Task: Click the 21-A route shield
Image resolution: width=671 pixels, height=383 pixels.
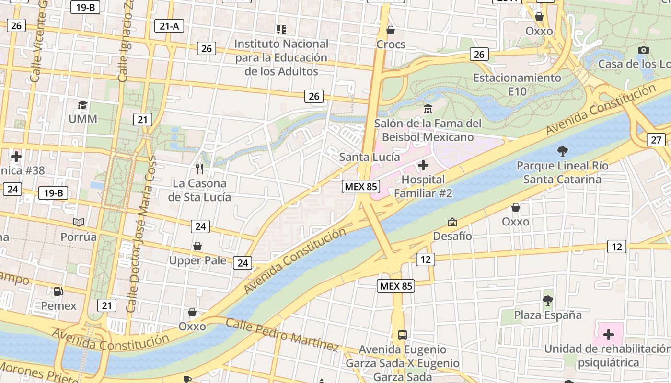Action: click(169, 26)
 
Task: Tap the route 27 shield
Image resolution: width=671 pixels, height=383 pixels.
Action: click(656, 140)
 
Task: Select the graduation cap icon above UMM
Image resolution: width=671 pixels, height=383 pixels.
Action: click(83, 105)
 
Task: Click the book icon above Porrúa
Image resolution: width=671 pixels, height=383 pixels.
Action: click(79, 222)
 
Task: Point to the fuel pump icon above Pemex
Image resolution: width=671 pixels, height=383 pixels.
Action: click(58, 291)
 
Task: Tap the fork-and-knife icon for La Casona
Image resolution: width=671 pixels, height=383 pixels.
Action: click(199, 169)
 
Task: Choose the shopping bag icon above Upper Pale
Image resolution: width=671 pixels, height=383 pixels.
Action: click(197, 246)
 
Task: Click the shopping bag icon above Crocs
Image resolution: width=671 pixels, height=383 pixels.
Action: click(391, 30)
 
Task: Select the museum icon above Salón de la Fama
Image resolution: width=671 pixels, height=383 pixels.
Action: click(428, 109)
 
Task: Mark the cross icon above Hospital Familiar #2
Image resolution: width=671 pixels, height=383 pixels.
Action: click(423, 166)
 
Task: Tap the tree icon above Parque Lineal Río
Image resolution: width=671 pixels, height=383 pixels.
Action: click(562, 151)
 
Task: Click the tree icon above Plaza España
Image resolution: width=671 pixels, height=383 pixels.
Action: click(547, 301)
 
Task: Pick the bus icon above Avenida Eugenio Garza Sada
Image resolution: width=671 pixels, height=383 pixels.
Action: click(403, 335)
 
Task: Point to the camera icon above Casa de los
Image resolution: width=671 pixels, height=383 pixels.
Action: click(644, 50)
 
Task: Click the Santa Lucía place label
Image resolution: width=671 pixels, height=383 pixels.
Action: click(370, 157)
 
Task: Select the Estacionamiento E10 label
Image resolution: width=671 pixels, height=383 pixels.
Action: click(517, 84)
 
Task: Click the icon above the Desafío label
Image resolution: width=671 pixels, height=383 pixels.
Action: click(452, 222)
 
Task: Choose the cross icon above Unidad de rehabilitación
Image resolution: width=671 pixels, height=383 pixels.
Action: click(609, 334)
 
